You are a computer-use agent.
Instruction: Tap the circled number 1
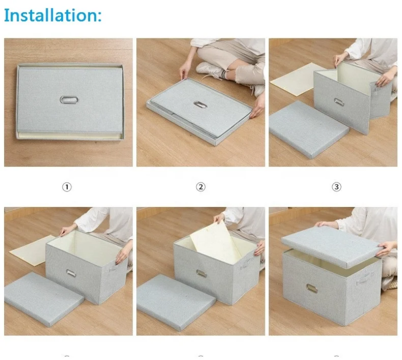coord(67,187)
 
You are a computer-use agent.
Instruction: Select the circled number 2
coord(201,187)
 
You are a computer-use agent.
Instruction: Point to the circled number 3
coord(336,187)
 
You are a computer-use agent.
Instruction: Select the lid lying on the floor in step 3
coord(308,129)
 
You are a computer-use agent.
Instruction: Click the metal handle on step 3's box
coord(339,102)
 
